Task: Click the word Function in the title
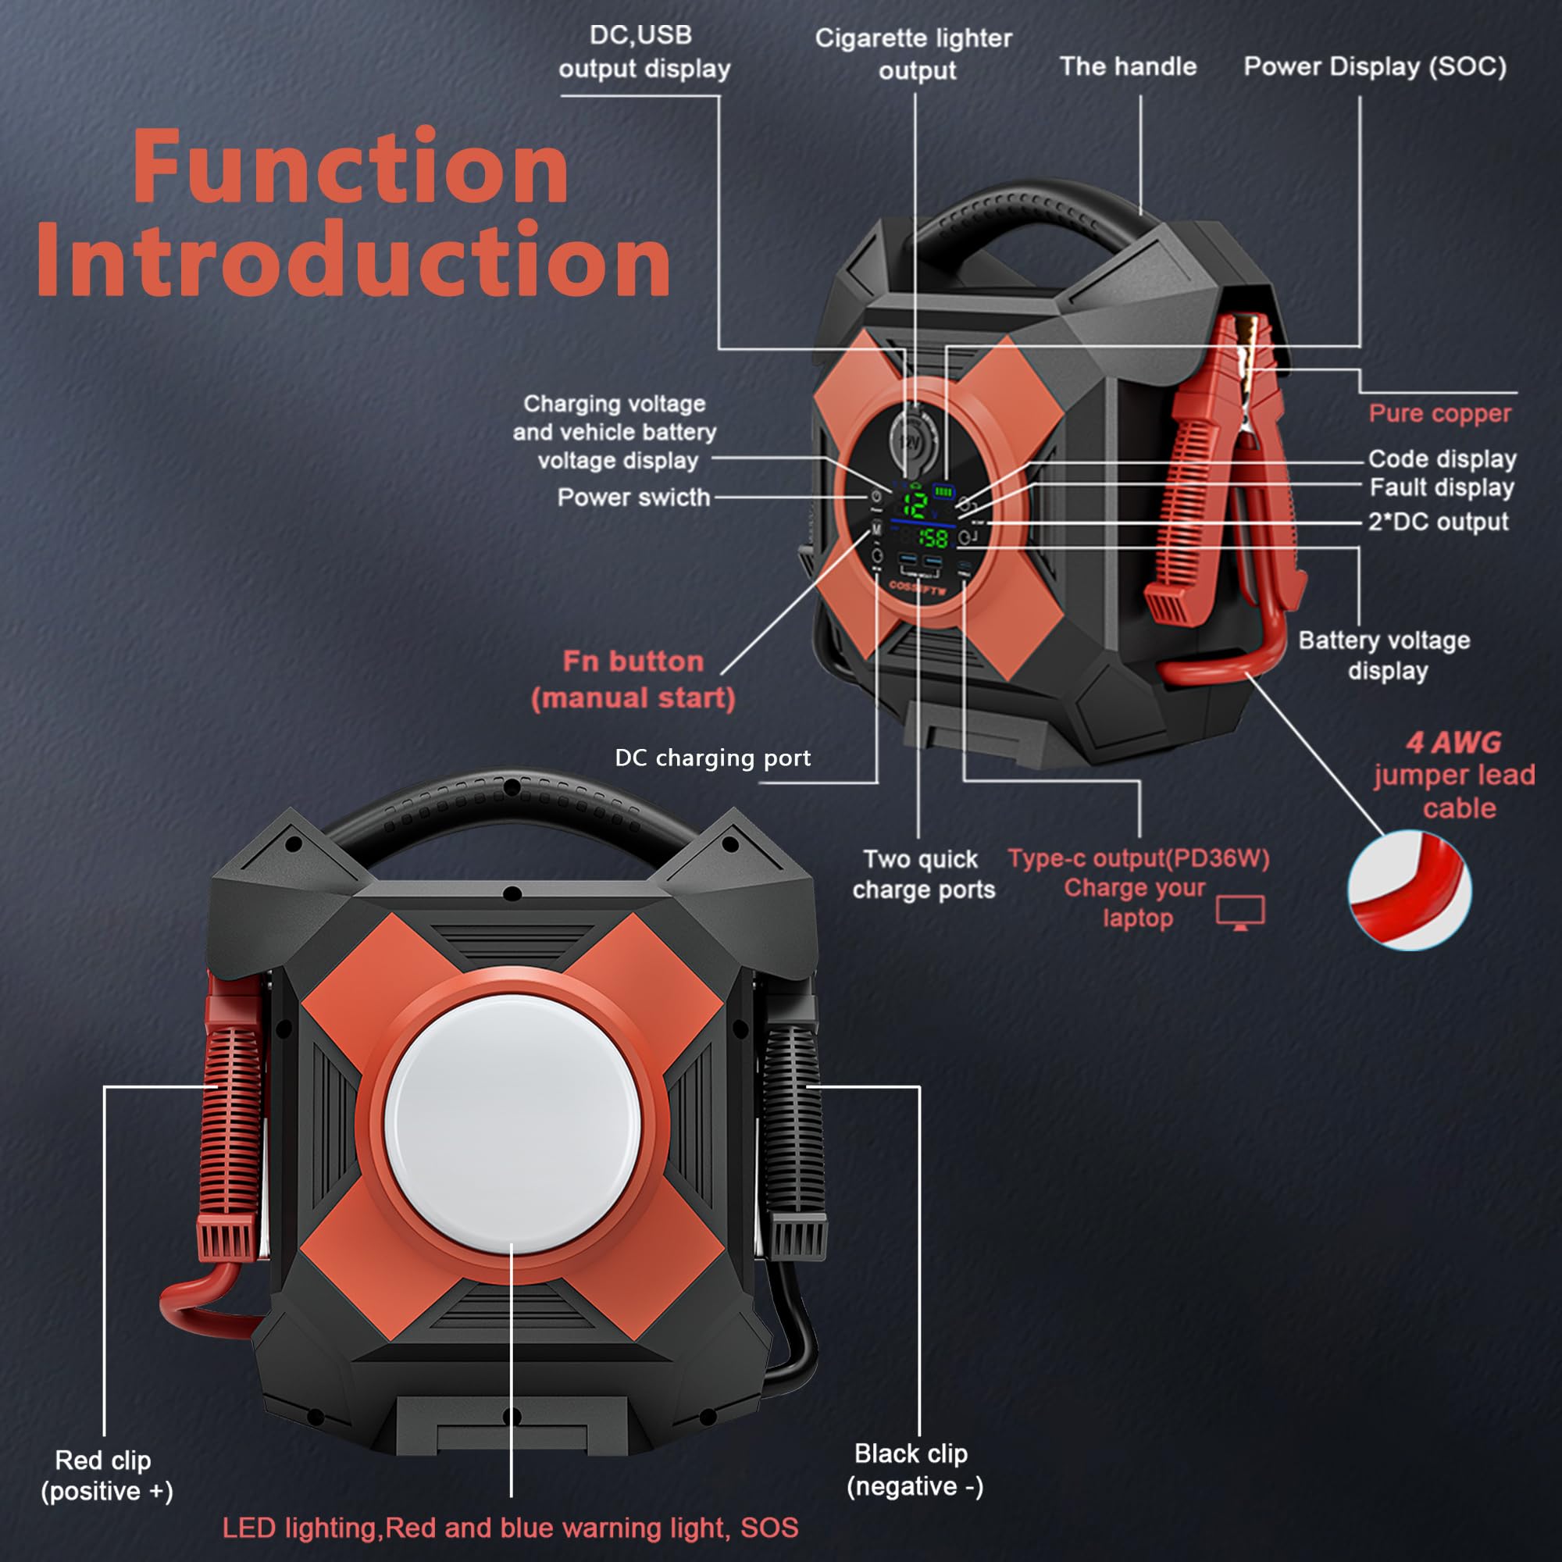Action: tap(350, 167)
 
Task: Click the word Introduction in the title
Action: tap(353, 261)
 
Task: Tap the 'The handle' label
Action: tap(1128, 66)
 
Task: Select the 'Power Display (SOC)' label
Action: tap(1375, 66)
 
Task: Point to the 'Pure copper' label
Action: tap(1439, 413)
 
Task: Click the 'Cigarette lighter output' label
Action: tap(915, 54)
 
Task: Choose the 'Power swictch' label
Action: tap(633, 497)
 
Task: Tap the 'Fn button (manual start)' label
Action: tap(633, 679)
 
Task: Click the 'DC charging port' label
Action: tap(712, 758)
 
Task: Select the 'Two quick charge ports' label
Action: tap(922, 874)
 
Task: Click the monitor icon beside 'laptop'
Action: tap(1240, 912)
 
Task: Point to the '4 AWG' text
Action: tap(1453, 741)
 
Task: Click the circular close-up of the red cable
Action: tap(1409, 890)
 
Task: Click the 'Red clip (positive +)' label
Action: tap(106, 1475)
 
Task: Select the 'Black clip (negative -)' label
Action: tap(914, 1470)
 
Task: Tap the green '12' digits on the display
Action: tap(916, 505)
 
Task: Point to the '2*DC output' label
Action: tap(1438, 522)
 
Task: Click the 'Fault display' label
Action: tap(1442, 487)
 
